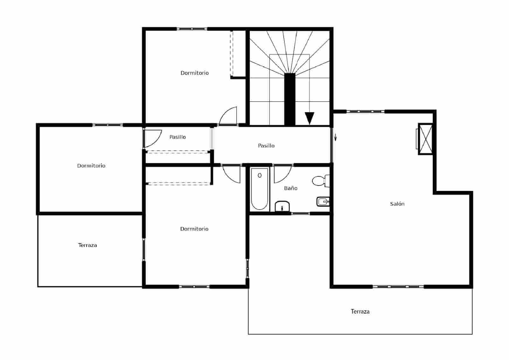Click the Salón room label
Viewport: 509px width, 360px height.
pos(397,204)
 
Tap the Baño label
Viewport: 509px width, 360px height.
pos(291,188)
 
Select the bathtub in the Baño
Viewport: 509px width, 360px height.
pos(260,189)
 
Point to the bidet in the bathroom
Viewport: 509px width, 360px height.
pos(323,201)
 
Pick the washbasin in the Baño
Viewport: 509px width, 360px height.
pos(282,206)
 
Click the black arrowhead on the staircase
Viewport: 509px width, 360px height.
pos(309,118)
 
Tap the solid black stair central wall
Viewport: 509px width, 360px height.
pos(289,99)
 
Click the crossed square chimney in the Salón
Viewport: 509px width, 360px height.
pos(425,139)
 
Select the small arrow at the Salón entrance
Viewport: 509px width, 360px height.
pos(335,137)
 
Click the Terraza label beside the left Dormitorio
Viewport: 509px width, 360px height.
pos(87,245)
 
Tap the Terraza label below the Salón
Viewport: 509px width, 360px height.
pos(360,311)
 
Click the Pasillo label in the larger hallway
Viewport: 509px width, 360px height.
pos(266,145)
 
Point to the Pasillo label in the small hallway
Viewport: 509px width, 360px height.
pos(178,137)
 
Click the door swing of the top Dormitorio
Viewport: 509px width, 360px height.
pos(228,116)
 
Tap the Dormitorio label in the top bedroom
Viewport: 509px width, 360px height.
pos(195,73)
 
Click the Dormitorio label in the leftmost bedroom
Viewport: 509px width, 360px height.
pos(91,166)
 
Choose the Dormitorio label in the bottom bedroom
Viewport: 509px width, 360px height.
pos(194,229)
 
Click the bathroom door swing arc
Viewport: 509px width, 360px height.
pos(282,174)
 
